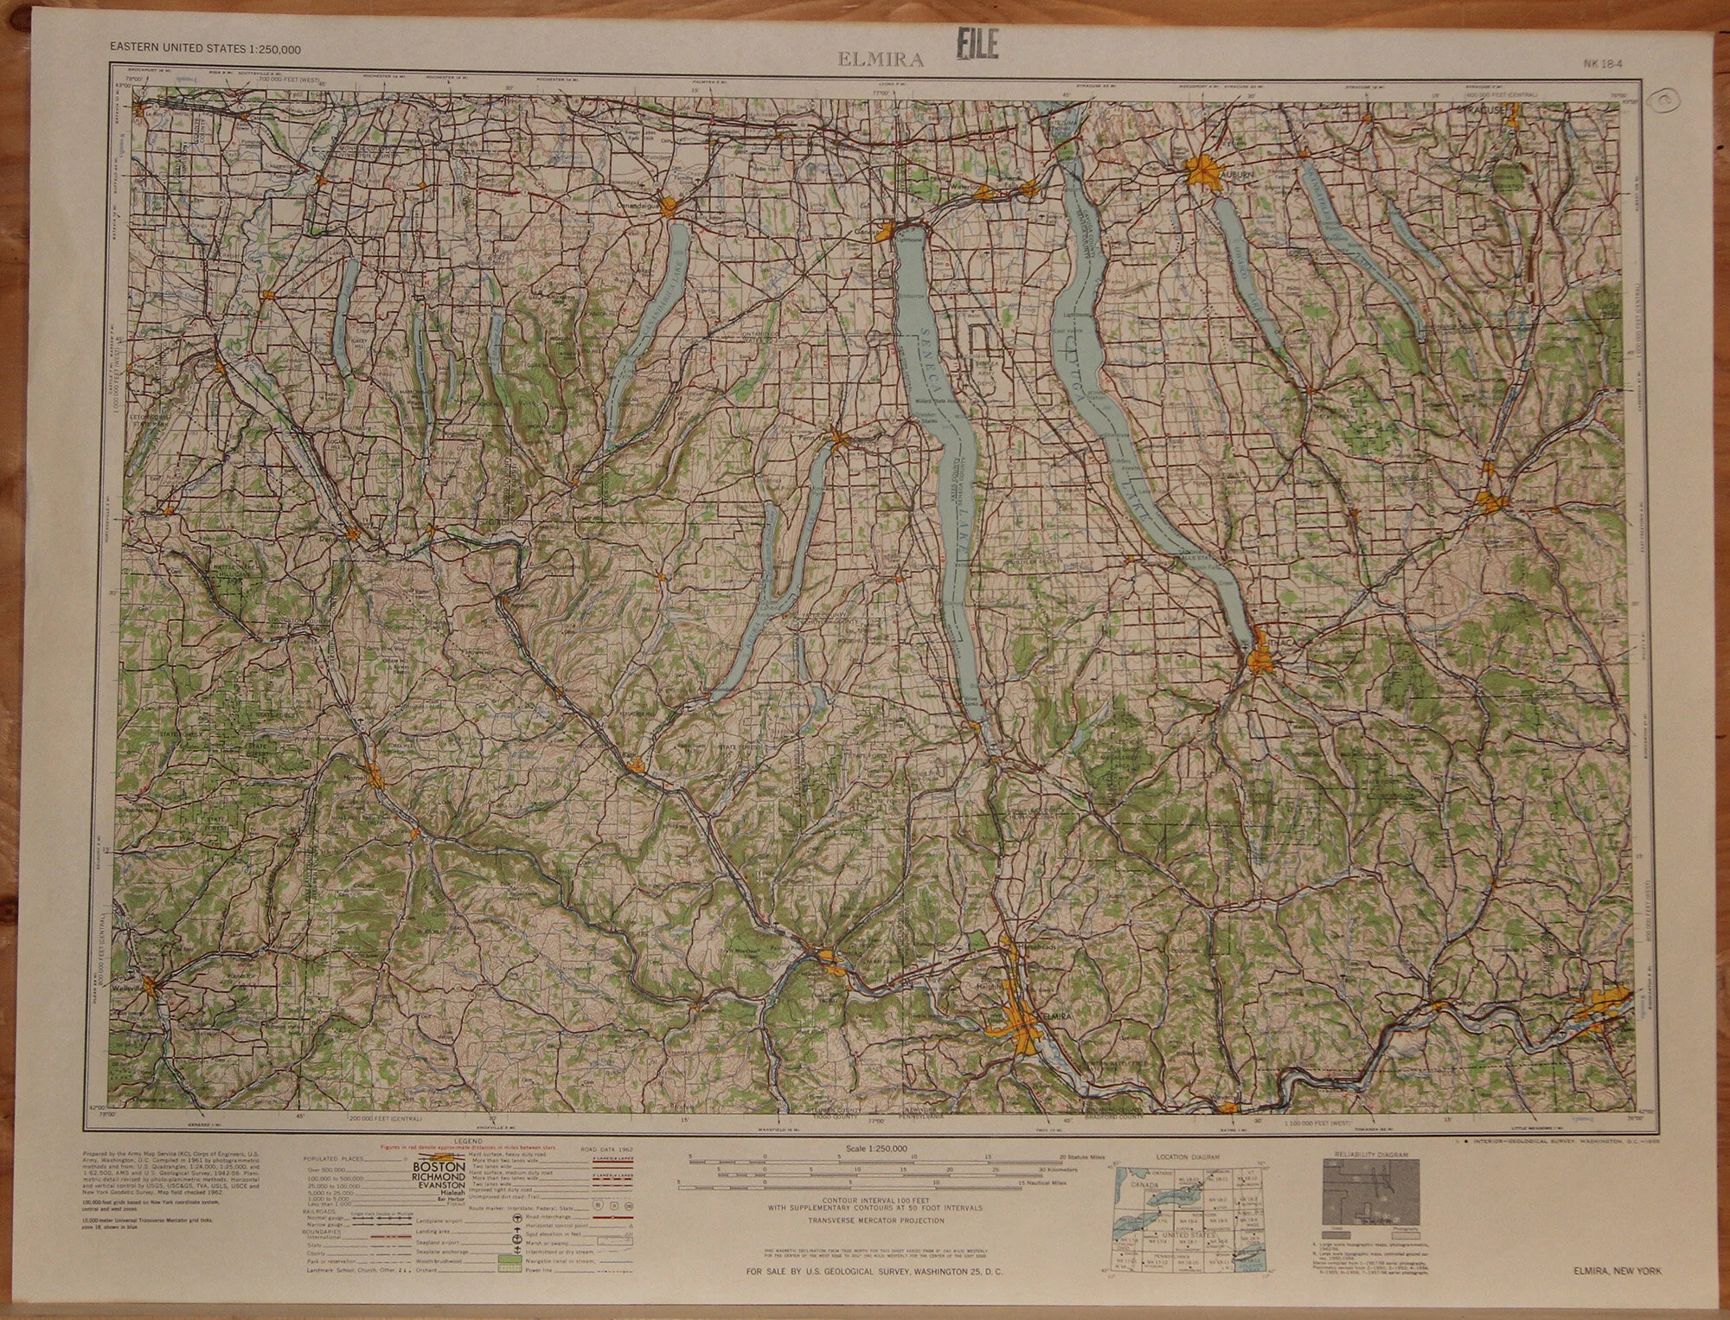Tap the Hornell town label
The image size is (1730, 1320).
point(355,777)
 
